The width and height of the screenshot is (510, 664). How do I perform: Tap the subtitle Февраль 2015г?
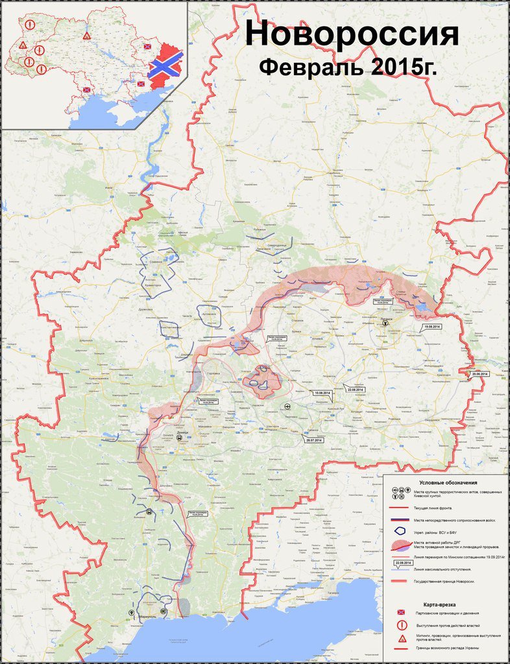[348, 67]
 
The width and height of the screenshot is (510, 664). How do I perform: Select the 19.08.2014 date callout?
[431, 327]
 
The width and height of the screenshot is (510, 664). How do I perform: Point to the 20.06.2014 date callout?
[480, 374]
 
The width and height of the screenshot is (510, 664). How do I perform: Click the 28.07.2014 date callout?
[313, 440]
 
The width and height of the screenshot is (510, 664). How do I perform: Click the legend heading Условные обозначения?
[448, 483]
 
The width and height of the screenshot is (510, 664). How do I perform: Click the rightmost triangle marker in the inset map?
[87, 36]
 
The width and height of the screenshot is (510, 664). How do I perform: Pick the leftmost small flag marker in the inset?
[86, 90]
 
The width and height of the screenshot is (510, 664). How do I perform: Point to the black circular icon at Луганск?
[385, 321]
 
